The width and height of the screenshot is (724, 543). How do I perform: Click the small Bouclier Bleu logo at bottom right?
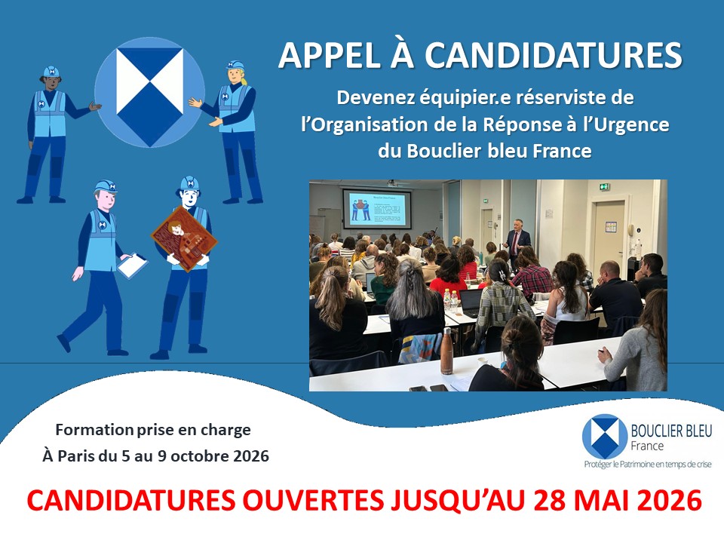(605, 437)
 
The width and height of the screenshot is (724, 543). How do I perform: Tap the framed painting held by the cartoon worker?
(183, 238)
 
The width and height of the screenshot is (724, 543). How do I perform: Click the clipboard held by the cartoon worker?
(133, 264)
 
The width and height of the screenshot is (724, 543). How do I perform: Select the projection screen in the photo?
(376, 209)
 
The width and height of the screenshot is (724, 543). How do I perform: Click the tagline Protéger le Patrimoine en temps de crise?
(647, 465)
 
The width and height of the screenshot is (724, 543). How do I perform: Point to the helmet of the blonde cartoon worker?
(236, 67)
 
